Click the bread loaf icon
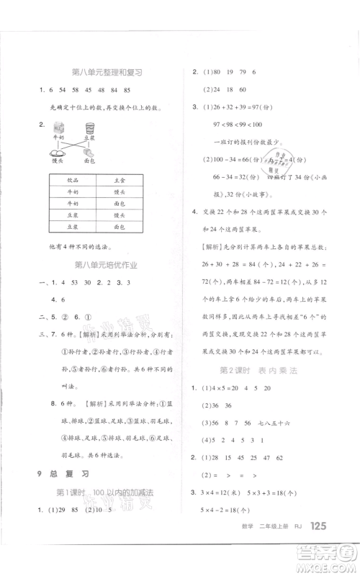click(x=89, y=152)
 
